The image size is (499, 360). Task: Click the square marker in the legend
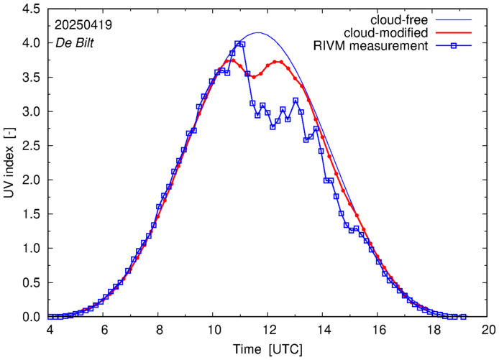point(451,47)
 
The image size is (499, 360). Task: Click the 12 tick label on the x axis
point(268,329)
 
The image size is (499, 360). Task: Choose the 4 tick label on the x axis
point(49,329)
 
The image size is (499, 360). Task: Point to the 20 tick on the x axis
point(488,329)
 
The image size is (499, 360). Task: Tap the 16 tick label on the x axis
point(378,329)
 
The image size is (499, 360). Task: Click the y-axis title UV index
point(10,164)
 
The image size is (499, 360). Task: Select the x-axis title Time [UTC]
point(268,349)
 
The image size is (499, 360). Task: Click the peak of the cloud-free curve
point(258,32)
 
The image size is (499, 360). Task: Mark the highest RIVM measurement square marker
point(238,44)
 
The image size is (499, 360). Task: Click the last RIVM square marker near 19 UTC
point(463,317)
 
